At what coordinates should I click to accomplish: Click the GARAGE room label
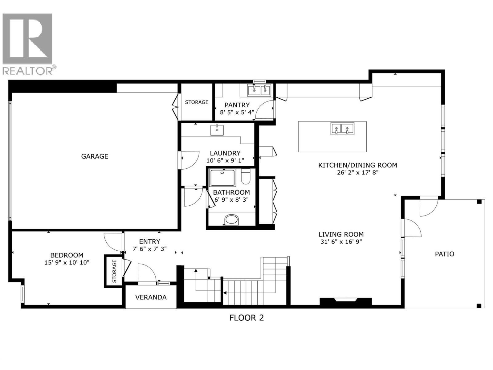pyautogui.click(x=95, y=156)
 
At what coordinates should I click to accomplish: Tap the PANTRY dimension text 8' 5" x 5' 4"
pyautogui.click(x=237, y=113)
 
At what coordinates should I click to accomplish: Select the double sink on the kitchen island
pyautogui.click(x=342, y=128)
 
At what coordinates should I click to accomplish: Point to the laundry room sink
pyautogui.click(x=217, y=130)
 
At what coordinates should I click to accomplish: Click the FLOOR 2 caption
pyautogui.click(x=246, y=318)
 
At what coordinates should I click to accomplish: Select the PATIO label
pyautogui.click(x=444, y=254)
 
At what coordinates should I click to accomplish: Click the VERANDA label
pyautogui.click(x=151, y=297)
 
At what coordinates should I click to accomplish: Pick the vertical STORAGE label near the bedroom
pyautogui.click(x=114, y=271)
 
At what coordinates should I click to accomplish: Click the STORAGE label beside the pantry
pyautogui.click(x=197, y=102)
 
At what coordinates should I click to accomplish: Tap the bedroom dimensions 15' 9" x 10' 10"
pyautogui.click(x=67, y=263)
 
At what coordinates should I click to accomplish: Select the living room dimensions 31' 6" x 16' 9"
pyautogui.click(x=341, y=242)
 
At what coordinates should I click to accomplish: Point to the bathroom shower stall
pyautogui.click(x=222, y=178)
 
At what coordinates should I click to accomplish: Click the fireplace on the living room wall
pyautogui.click(x=345, y=301)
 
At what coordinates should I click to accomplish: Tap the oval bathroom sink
pyautogui.click(x=232, y=220)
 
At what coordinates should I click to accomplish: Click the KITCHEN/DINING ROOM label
pyautogui.click(x=357, y=165)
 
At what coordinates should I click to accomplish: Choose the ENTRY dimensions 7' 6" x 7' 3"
pyautogui.click(x=149, y=249)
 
